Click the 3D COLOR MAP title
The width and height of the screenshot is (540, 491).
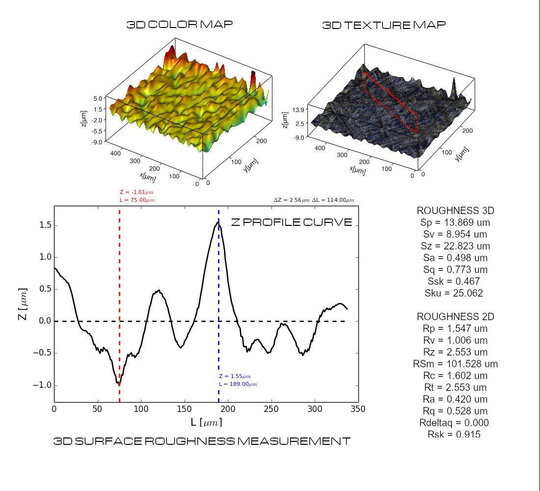[x=180, y=25]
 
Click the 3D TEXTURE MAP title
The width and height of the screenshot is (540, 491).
[x=384, y=25]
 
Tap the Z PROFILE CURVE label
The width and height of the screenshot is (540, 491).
[x=292, y=222]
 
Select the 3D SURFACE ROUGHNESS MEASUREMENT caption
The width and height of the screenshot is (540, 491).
[x=202, y=441]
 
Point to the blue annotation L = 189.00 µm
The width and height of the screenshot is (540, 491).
[x=238, y=384]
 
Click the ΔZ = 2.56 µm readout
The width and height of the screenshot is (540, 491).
[x=292, y=200]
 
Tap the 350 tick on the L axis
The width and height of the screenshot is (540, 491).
[x=358, y=409]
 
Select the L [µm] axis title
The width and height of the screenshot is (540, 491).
[x=206, y=422]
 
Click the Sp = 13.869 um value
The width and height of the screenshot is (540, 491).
[x=456, y=222]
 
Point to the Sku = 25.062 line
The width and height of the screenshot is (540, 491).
[x=454, y=293]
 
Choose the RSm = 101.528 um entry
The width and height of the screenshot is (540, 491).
[x=456, y=364]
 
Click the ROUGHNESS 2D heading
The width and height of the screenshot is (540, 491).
[x=456, y=317]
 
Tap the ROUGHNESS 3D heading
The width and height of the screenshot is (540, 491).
[x=456, y=211]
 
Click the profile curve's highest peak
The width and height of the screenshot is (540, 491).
[x=218, y=223]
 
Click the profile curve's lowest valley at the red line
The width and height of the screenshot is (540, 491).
[x=119, y=383]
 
